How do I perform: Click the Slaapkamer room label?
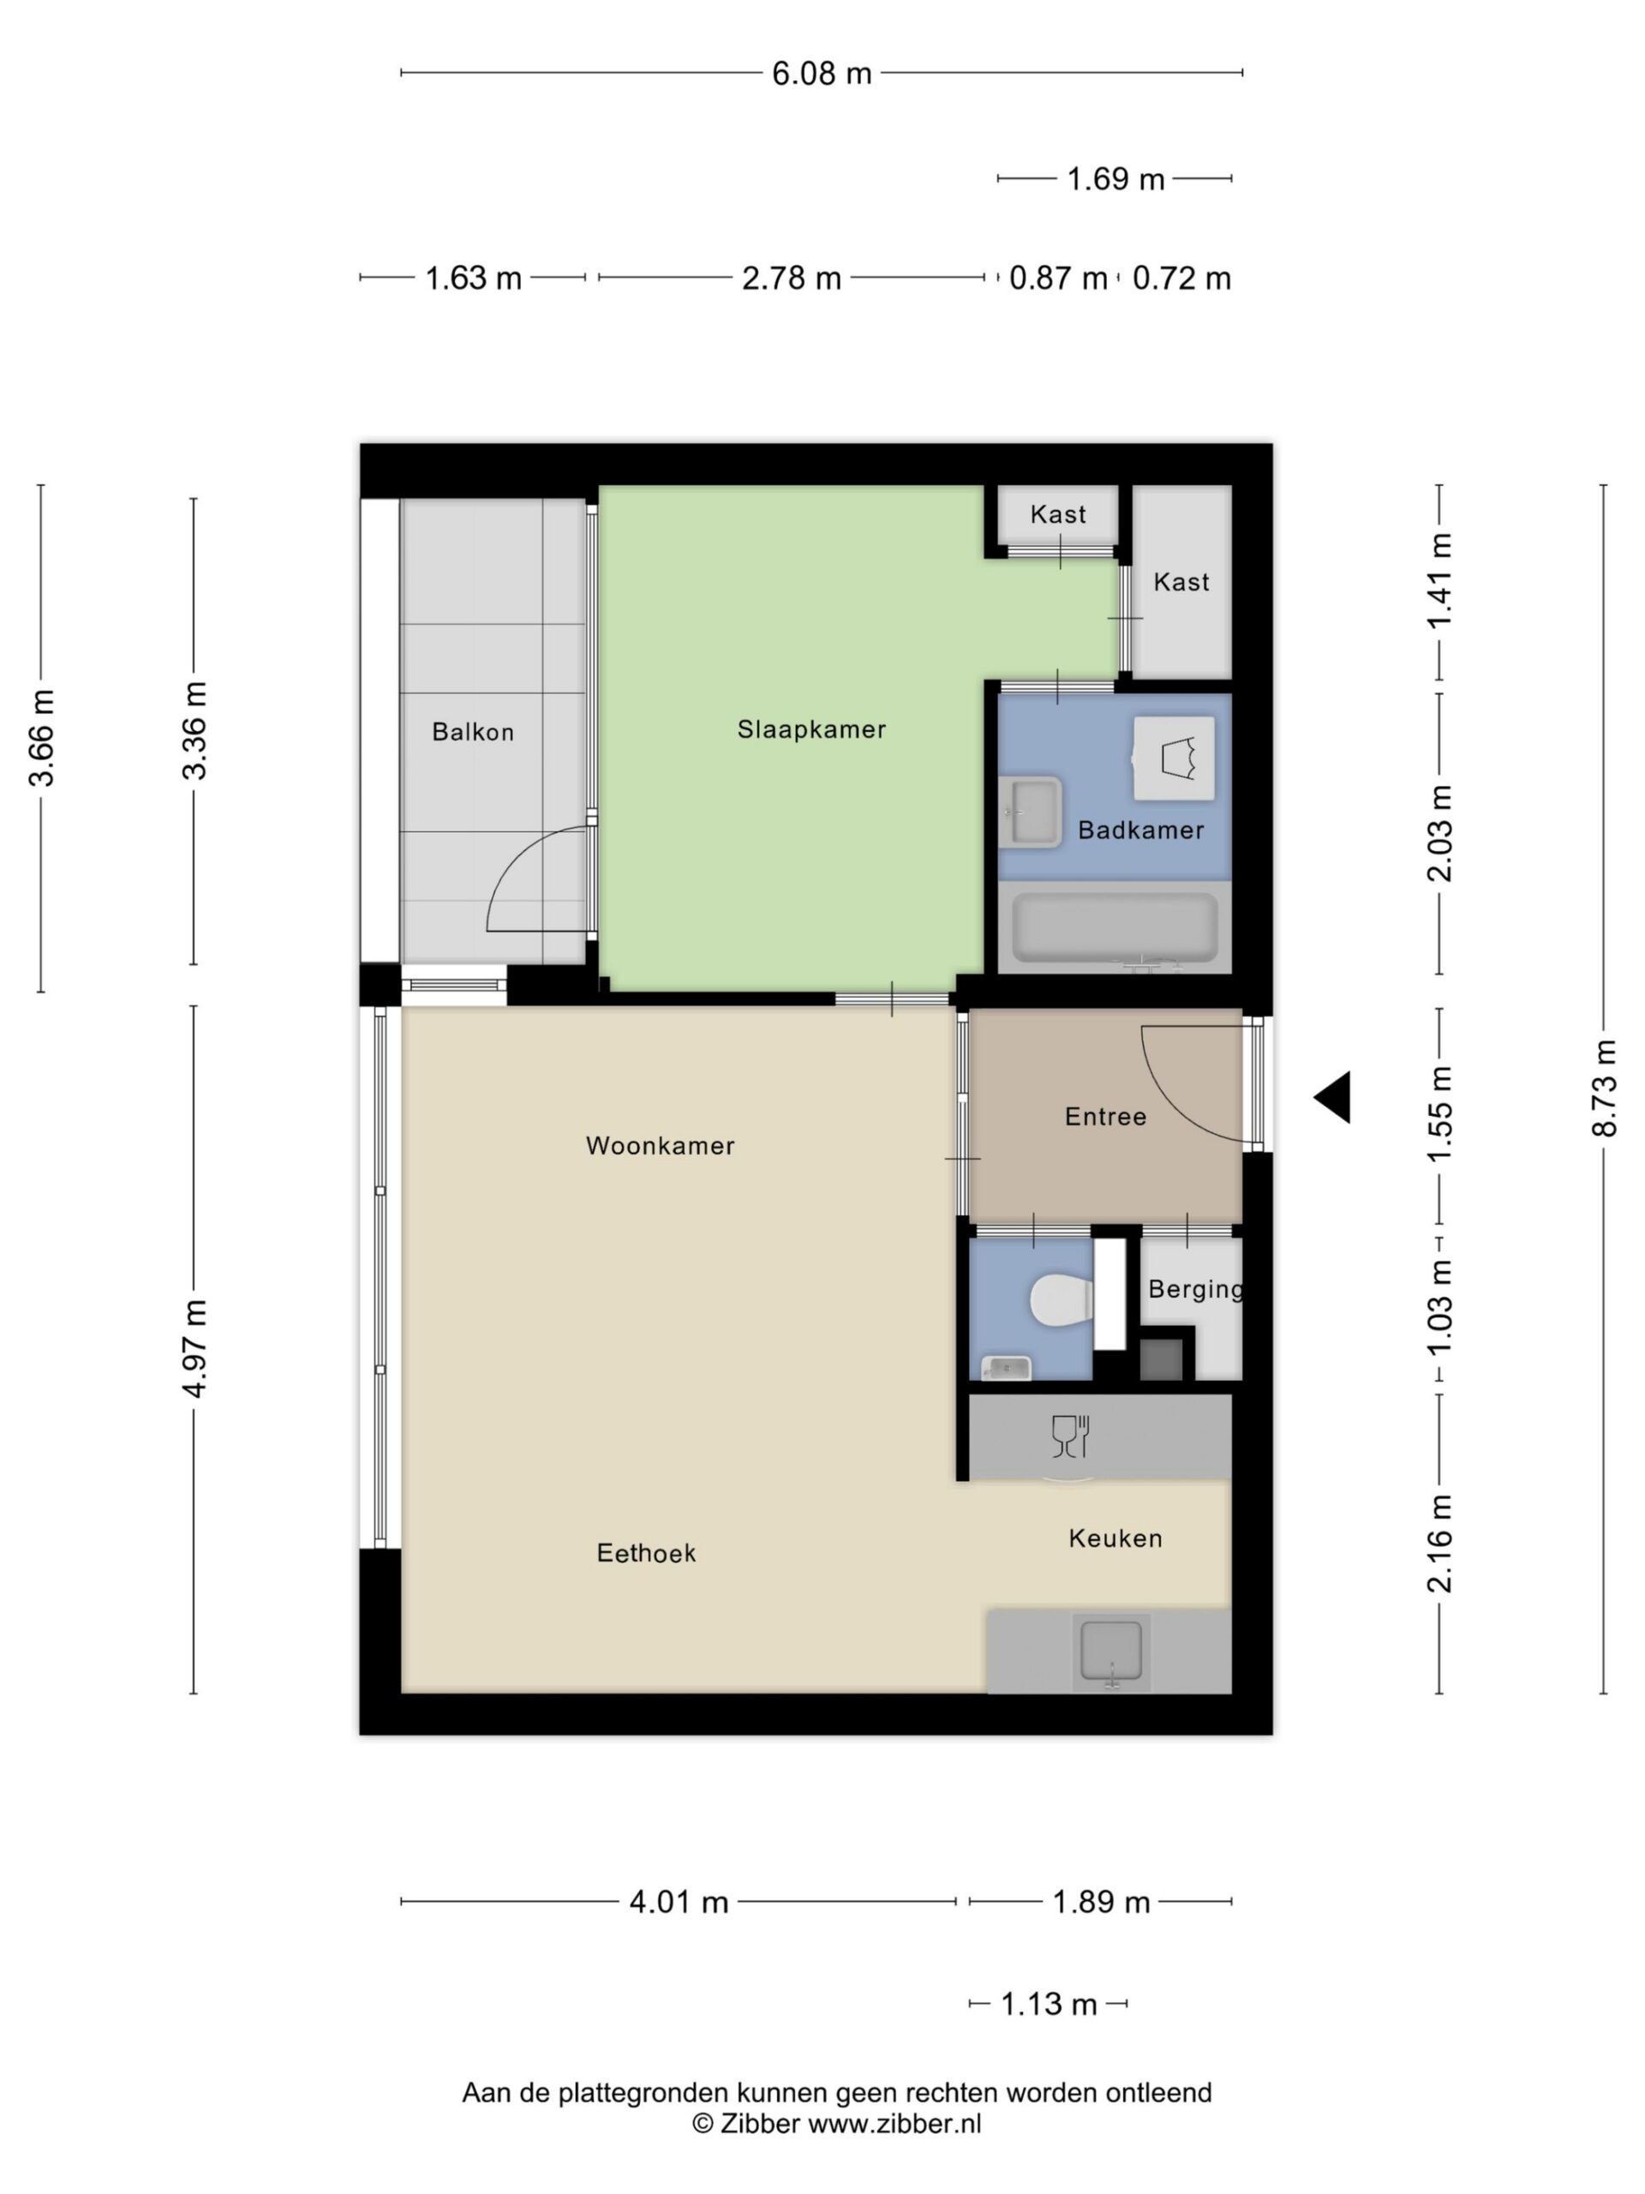[x=811, y=730]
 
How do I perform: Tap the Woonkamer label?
[x=661, y=1146]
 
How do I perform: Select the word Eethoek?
[x=647, y=1553]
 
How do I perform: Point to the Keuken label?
[x=1116, y=1538]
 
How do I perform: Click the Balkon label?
[x=473, y=732]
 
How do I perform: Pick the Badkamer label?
[x=1141, y=830]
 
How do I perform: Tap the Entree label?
[x=1105, y=1117]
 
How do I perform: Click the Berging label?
[x=1196, y=1290]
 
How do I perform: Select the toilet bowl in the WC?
[x=1062, y=1300]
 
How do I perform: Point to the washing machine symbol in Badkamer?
[x=1174, y=758]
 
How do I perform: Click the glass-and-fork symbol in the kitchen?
[x=1071, y=1436]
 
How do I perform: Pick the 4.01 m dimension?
[x=679, y=1903]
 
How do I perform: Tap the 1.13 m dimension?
[x=1049, y=2005]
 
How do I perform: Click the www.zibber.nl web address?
[x=894, y=2123]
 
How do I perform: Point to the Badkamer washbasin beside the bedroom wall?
[x=1030, y=812]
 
